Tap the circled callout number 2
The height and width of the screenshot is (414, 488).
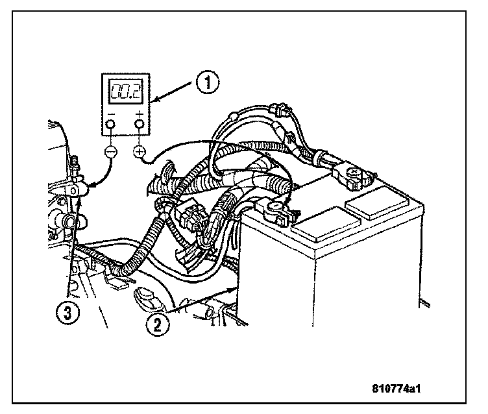(x=157, y=323)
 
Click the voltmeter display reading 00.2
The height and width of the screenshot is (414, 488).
(x=124, y=92)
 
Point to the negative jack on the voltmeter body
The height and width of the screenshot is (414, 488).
(x=110, y=125)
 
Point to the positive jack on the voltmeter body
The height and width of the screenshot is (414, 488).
(x=139, y=125)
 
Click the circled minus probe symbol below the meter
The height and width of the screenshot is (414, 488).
(x=110, y=151)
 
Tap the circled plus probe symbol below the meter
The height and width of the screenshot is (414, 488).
(x=139, y=152)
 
